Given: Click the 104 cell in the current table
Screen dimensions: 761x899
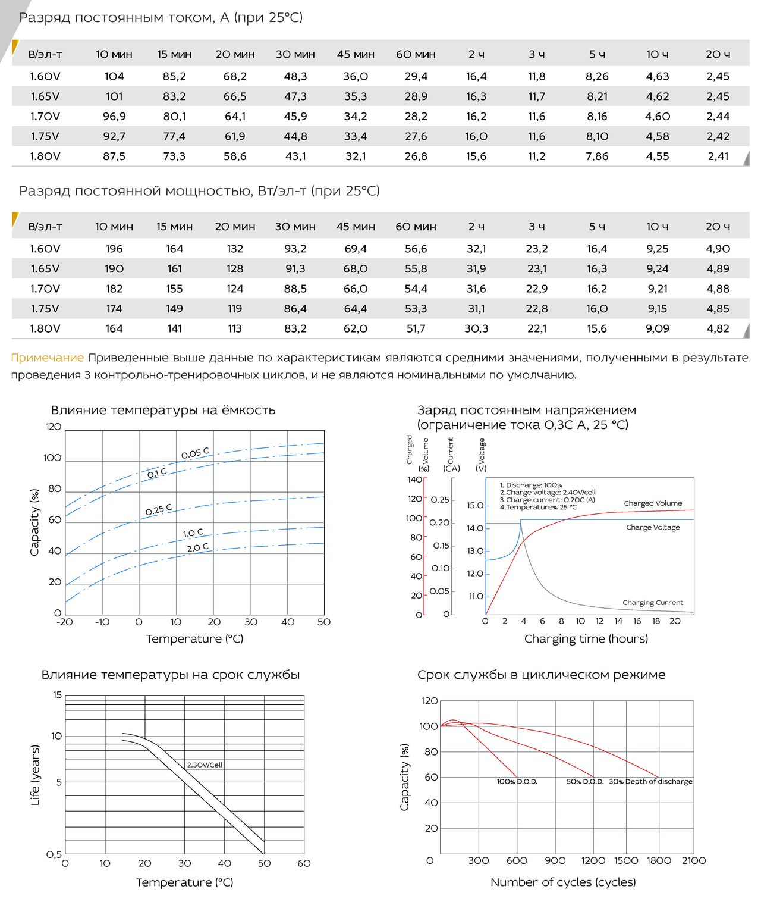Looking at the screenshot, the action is [114, 77].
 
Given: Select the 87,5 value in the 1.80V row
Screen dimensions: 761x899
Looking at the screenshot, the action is [114, 156].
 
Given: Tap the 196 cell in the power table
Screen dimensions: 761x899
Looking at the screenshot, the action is [114, 249].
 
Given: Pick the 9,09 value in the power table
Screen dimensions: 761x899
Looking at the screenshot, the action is [657, 329].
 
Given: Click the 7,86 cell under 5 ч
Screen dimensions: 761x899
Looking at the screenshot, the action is [597, 156].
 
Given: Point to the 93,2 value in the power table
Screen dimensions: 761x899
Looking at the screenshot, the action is [295, 249].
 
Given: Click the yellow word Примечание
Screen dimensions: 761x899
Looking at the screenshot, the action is [48, 358].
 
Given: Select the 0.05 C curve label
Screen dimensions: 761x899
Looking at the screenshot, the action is [195, 453].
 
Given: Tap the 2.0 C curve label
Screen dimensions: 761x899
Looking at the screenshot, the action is [198, 547].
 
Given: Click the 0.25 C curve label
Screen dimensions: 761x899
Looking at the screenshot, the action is [159, 509].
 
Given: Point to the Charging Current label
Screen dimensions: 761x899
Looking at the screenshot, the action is [652, 602].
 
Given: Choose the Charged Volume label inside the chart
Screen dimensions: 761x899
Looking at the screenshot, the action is [653, 503].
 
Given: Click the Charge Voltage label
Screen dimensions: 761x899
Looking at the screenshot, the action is [653, 527].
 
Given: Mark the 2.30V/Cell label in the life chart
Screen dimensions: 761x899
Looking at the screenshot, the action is [205, 765].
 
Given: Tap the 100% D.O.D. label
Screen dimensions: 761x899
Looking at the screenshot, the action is [517, 782].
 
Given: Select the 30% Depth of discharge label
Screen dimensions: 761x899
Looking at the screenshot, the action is [650, 782].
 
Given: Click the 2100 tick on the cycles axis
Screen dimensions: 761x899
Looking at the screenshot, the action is [694, 861].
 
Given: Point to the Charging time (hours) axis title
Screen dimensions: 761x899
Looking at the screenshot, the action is [586, 639].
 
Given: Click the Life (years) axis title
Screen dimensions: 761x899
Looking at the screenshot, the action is [35, 775].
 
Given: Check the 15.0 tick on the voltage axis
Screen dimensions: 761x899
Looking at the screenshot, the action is [475, 505].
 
